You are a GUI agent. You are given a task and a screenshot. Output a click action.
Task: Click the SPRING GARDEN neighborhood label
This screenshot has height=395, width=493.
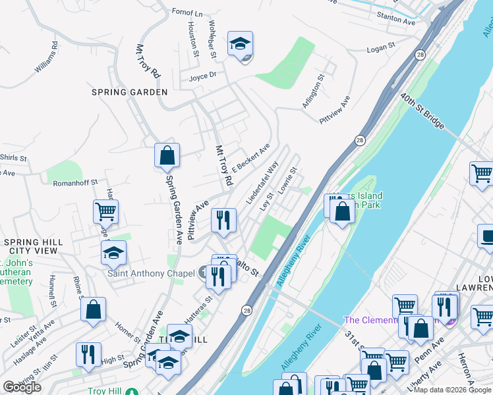click(130, 92)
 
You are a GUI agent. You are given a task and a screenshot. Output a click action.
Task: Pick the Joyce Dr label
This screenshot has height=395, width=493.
click(203, 76)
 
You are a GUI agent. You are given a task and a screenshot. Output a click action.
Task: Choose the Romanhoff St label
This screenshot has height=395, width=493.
click(75, 182)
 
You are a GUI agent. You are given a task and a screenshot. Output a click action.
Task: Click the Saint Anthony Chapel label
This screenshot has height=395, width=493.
click(151, 273)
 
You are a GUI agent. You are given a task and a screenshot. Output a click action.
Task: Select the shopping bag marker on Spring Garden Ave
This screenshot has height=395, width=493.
click(167, 156)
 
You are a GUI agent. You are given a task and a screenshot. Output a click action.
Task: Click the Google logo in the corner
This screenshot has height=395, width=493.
click(22, 387)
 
